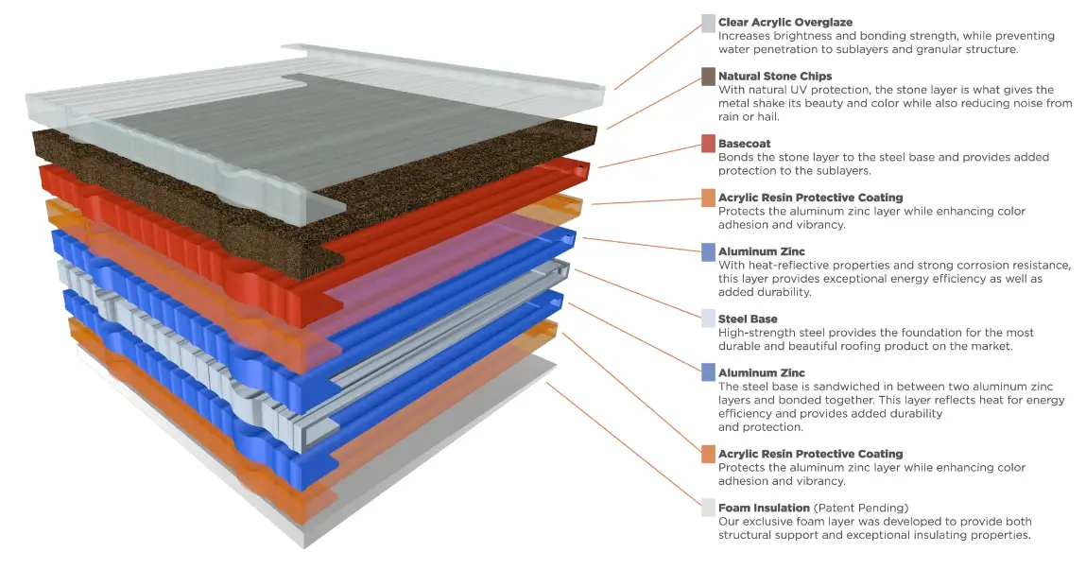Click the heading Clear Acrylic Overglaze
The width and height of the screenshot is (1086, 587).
pos(785,22)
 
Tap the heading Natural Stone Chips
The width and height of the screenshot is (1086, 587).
pos(775,76)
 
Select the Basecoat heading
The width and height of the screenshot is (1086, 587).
pos(745,144)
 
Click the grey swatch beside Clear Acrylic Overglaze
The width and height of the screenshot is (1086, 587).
pos(708,23)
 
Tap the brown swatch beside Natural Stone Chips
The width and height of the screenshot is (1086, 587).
pos(708,77)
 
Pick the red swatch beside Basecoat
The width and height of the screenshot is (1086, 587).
pos(708,144)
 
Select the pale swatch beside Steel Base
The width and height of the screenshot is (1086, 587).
pos(708,319)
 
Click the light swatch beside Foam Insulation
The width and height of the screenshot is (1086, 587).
pos(708,508)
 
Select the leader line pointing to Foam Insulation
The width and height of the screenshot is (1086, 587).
pos(624,444)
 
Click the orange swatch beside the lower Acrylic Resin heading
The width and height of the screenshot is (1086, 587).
pos(708,455)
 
